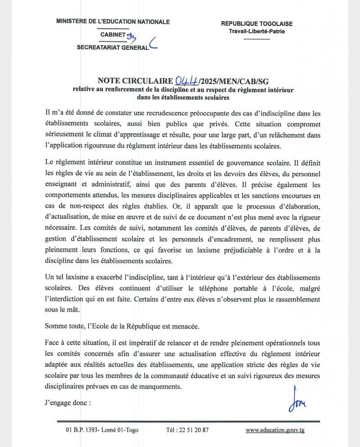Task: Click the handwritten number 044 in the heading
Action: pos(187,81)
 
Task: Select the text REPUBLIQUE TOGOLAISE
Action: pos(256,24)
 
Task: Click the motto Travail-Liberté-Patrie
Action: pos(256,31)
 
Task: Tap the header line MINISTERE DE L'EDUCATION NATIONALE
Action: pos(113,22)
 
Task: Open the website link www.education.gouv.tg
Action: pos(274,430)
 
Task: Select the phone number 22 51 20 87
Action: pos(193,430)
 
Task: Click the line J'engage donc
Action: pos(68,403)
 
